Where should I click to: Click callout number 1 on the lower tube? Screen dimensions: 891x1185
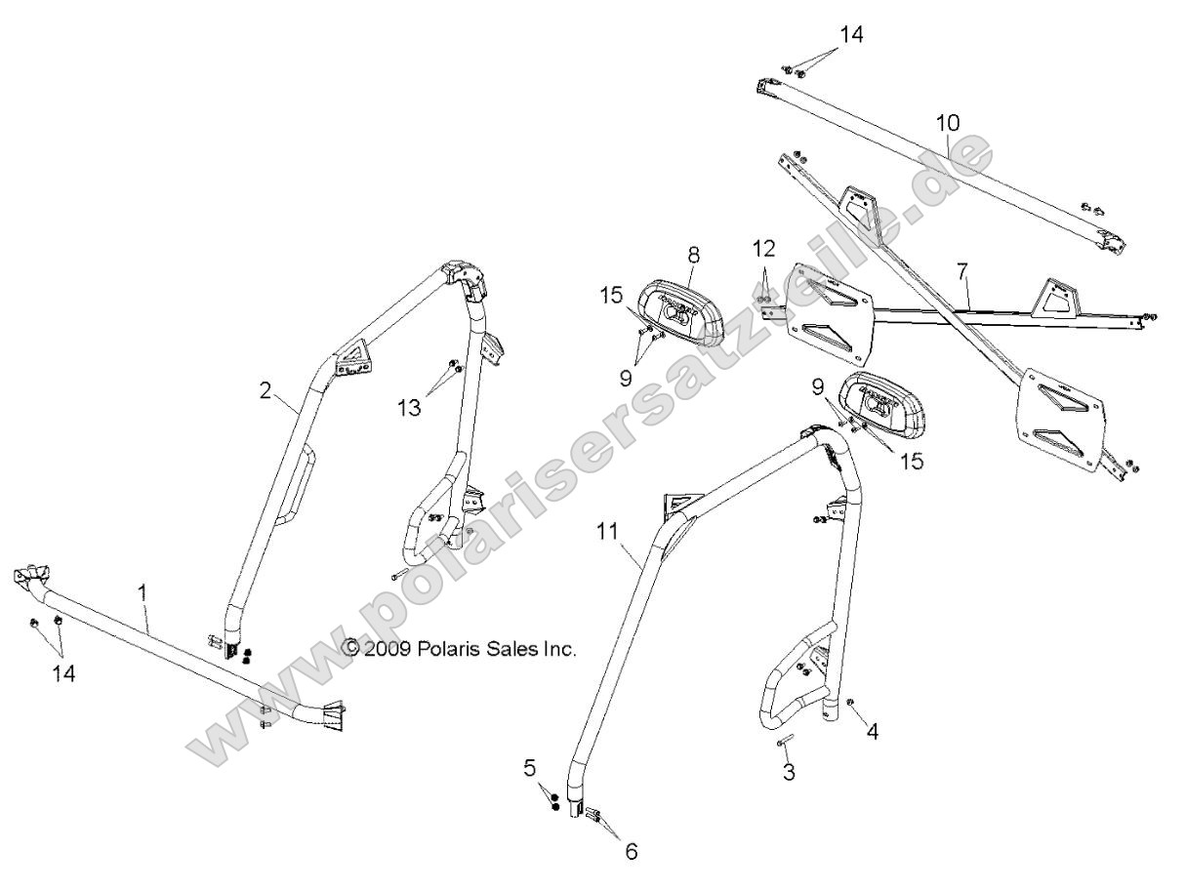tap(143, 591)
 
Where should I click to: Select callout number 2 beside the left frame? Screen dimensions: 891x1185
tap(266, 389)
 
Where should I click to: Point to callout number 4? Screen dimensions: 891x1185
tap(873, 730)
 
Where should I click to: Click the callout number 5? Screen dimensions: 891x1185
tap(530, 768)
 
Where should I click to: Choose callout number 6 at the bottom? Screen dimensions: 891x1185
tap(631, 851)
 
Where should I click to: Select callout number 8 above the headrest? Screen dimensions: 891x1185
tap(694, 255)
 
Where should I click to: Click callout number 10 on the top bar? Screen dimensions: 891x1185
tap(947, 123)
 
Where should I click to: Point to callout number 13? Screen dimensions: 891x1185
tap(410, 406)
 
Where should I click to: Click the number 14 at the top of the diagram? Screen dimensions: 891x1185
tap(848, 34)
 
